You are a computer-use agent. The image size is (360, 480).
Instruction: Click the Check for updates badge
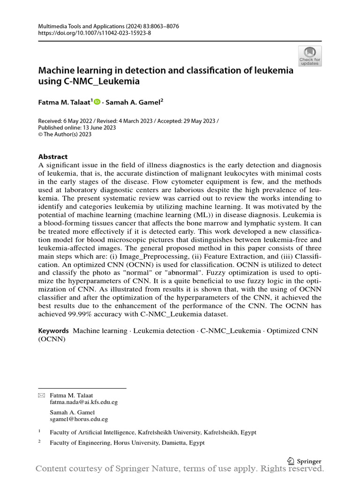pyautogui.click(x=310, y=56)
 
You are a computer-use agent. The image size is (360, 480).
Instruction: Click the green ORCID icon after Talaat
pyautogui.click(x=97, y=101)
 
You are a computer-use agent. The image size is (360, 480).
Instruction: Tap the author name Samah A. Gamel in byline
pyautogui.click(x=135, y=101)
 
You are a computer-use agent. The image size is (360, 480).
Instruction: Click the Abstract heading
pyautogui.click(x=53, y=157)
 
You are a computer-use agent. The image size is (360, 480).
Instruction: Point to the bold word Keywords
pyautogui.click(x=53, y=331)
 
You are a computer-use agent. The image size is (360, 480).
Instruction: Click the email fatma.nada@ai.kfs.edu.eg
pyautogui.click(x=83, y=402)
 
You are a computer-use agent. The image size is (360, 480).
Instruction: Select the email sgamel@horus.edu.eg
pyautogui.click(x=79, y=420)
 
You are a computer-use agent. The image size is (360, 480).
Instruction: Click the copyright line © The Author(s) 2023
pyautogui.click(x=65, y=135)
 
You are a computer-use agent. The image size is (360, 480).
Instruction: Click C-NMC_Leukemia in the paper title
pyautogui.click(x=100, y=82)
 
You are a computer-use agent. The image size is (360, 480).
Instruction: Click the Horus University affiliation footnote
pyautogui.click(x=127, y=443)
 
